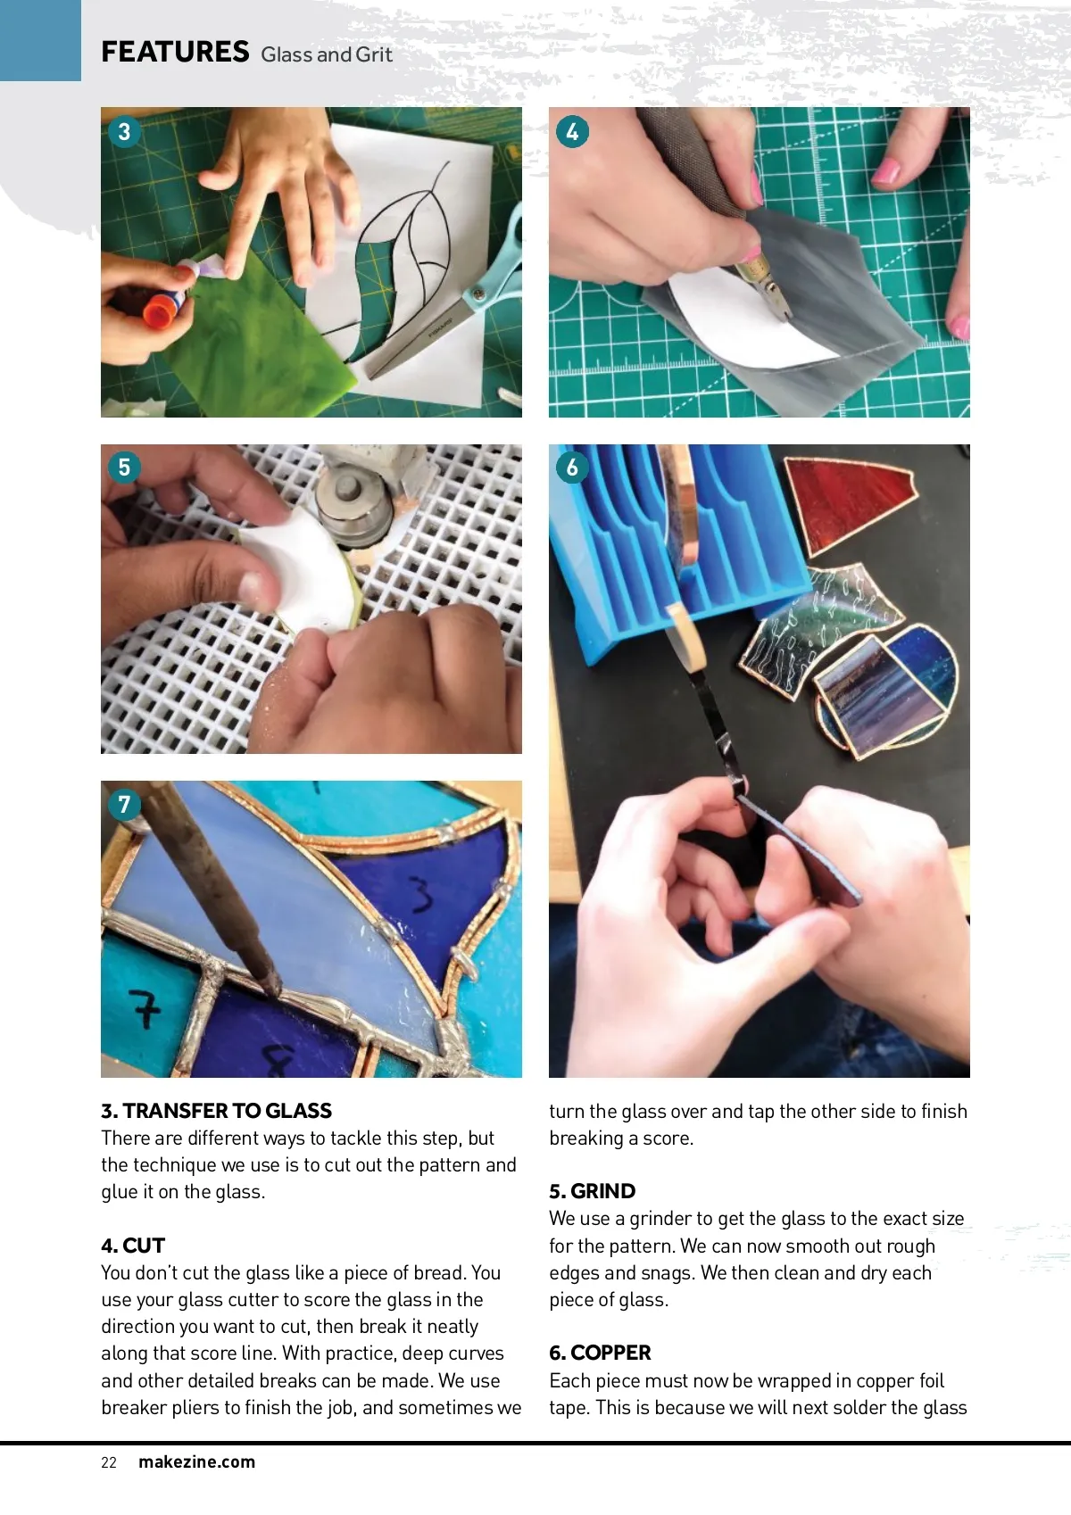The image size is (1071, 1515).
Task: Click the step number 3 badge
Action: (124, 131)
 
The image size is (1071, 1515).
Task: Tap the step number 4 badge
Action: (572, 131)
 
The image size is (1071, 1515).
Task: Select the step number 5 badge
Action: (124, 468)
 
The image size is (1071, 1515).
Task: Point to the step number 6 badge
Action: (572, 468)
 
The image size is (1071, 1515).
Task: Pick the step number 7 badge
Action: (124, 804)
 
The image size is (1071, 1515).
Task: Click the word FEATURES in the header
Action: (175, 52)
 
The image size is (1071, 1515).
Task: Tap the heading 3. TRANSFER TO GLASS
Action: (217, 1111)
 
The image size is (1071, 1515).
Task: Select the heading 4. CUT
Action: (133, 1246)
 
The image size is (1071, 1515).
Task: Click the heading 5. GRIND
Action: (592, 1191)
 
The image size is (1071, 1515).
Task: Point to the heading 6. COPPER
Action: (600, 1353)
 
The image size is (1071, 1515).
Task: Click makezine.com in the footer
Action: (197, 1461)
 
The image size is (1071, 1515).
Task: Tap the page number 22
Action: (108, 1462)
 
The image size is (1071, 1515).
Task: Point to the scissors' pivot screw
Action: (479, 294)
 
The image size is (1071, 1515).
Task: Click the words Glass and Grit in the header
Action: (326, 54)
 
